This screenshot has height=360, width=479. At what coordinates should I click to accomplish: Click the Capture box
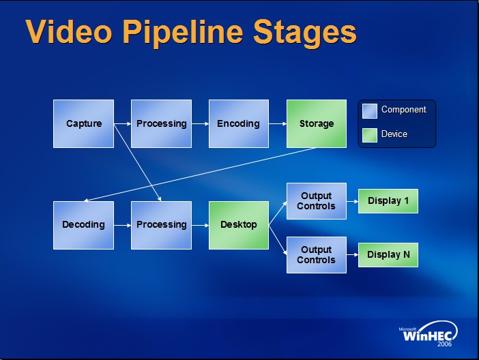(x=83, y=123)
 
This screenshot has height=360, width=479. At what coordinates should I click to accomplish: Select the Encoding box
(x=238, y=123)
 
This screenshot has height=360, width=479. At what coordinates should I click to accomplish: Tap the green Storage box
(x=316, y=123)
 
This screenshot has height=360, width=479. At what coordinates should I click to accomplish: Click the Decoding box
(x=83, y=224)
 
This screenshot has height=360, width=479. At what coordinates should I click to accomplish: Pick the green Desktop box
(x=238, y=224)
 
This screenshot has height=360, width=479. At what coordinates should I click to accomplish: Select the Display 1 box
(x=388, y=200)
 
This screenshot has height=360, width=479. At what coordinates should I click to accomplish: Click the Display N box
(x=388, y=254)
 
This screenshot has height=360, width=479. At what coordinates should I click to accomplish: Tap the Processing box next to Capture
(x=161, y=123)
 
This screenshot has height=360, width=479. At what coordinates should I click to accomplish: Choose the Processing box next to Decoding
(x=161, y=224)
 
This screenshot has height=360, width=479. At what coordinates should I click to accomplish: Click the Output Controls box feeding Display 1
(x=316, y=200)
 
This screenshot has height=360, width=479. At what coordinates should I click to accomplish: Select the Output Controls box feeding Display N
(x=316, y=254)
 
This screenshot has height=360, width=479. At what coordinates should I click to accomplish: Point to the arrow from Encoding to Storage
(x=277, y=124)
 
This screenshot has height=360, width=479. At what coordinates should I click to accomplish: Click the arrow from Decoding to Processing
(x=122, y=225)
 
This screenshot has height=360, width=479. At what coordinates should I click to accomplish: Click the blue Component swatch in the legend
(x=369, y=110)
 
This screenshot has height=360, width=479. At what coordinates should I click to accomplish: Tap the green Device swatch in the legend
(x=369, y=135)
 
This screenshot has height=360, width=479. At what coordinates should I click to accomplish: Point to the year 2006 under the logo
(x=444, y=344)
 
